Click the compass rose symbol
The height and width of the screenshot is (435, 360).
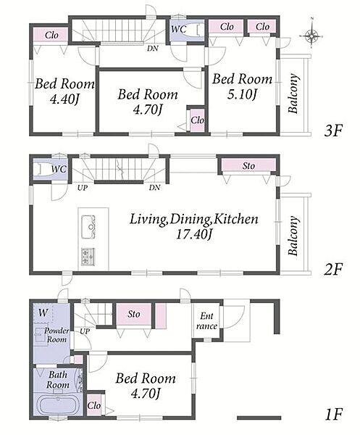pyautogui.click(x=311, y=36)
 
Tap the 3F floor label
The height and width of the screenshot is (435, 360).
pyautogui.click(x=333, y=130)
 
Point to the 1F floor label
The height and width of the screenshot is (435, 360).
pyautogui.click(x=334, y=415)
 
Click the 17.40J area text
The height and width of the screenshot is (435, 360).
pyautogui.click(x=194, y=234)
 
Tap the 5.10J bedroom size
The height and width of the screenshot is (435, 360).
pyautogui.click(x=242, y=94)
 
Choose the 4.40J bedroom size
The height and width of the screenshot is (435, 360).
pyautogui.click(x=64, y=99)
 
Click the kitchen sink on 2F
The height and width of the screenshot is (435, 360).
pyautogui.click(x=88, y=227)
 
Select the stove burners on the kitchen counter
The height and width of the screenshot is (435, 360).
pyautogui.click(x=88, y=257)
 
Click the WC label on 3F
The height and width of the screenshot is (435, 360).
pyautogui.click(x=178, y=29)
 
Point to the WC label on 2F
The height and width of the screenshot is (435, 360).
pyautogui.click(x=59, y=169)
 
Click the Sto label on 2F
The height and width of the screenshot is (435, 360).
pyautogui.click(x=248, y=166)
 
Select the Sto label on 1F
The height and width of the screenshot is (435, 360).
pyautogui.click(x=134, y=314)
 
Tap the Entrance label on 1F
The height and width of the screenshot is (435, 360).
pyautogui.click(x=206, y=321)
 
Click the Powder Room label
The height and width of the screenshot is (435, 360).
pyautogui.click(x=56, y=335)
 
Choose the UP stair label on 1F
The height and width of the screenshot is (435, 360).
pyautogui.click(x=85, y=331)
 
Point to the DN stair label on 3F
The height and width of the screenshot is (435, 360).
pyautogui.click(x=153, y=49)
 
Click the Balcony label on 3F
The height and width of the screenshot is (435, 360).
pyautogui.click(x=293, y=94)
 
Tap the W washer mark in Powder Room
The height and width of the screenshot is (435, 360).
pyautogui.click(x=43, y=312)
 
